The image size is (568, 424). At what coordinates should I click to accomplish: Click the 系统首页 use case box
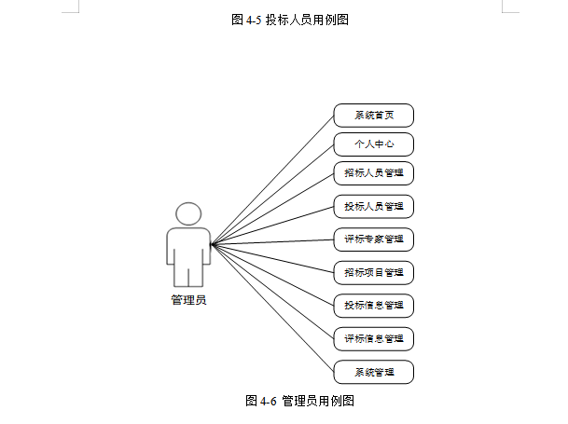click(373, 116)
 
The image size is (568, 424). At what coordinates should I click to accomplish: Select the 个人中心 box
click(373, 144)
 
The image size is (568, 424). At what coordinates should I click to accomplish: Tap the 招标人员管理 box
click(373, 173)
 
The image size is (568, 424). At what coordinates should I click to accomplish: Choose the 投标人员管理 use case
click(373, 206)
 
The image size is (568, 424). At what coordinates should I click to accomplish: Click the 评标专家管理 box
click(373, 239)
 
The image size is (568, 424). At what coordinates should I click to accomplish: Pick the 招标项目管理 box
click(373, 273)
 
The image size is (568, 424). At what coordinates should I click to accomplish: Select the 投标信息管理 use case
click(373, 305)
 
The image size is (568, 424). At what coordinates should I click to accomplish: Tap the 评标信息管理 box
click(373, 338)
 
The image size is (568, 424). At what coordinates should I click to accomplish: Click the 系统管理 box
click(373, 372)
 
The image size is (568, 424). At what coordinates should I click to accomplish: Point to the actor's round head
click(189, 213)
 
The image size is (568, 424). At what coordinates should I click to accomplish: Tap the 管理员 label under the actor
click(189, 300)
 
